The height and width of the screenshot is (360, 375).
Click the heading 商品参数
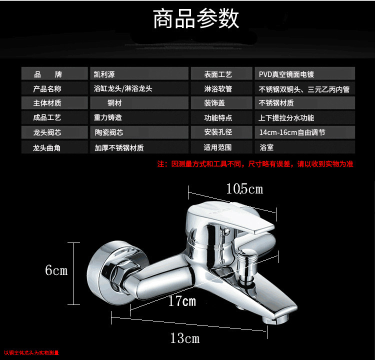click(196, 19)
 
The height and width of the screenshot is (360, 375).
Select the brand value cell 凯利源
click(139, 74)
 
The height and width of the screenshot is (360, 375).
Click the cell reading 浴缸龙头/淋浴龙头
click(139, 89)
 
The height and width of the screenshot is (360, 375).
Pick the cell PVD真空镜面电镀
click(304, 74)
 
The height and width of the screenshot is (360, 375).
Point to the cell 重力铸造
click(139, 118)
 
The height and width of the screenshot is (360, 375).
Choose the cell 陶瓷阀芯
click(139, 133)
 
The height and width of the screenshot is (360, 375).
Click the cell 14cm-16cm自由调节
click(304, 133)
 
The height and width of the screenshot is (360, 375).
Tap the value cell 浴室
click(304, 148)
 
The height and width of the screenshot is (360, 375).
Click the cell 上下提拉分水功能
click(304, 118)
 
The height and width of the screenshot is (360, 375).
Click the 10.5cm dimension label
click(244, 189)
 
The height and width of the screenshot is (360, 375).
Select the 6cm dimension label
click(56, 270)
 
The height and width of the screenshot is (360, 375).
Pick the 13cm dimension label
click(184, 338)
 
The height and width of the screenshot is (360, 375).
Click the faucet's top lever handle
click(235, 217)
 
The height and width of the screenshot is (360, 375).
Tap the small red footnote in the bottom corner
click(31, 353)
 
